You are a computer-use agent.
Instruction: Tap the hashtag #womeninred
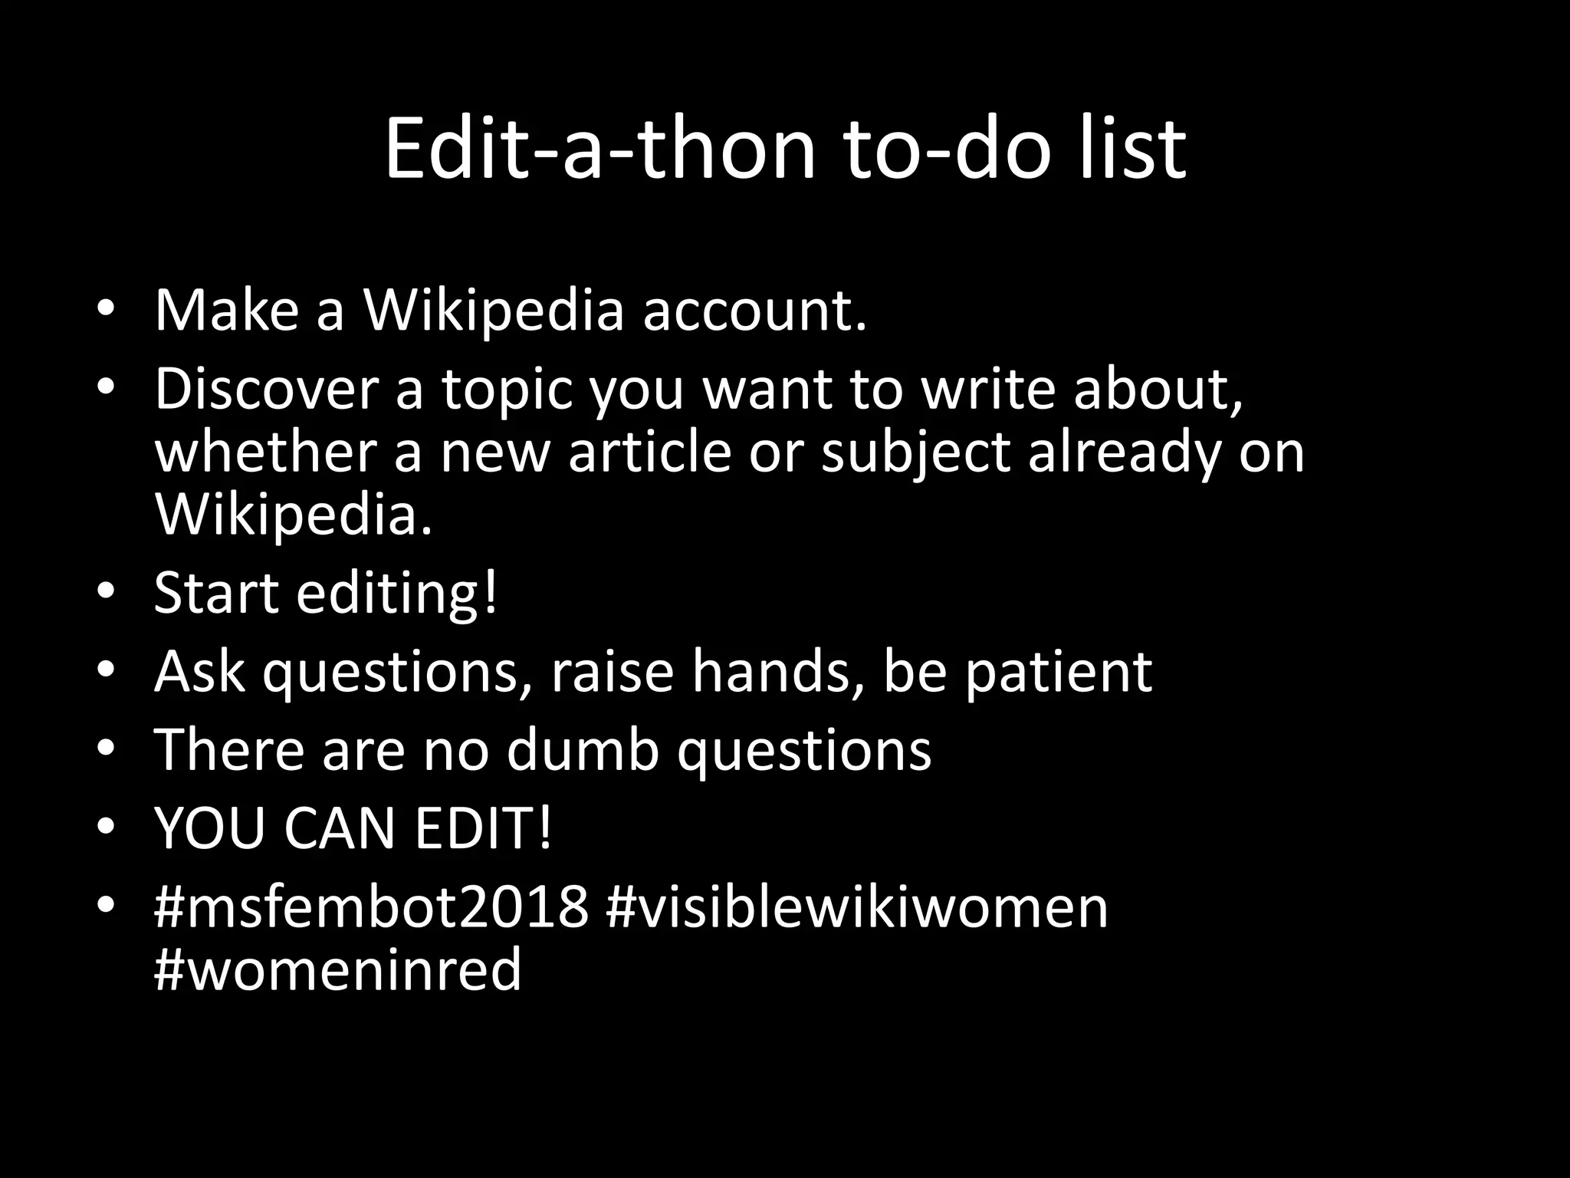pyautogui.click(x=337, y=969)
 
